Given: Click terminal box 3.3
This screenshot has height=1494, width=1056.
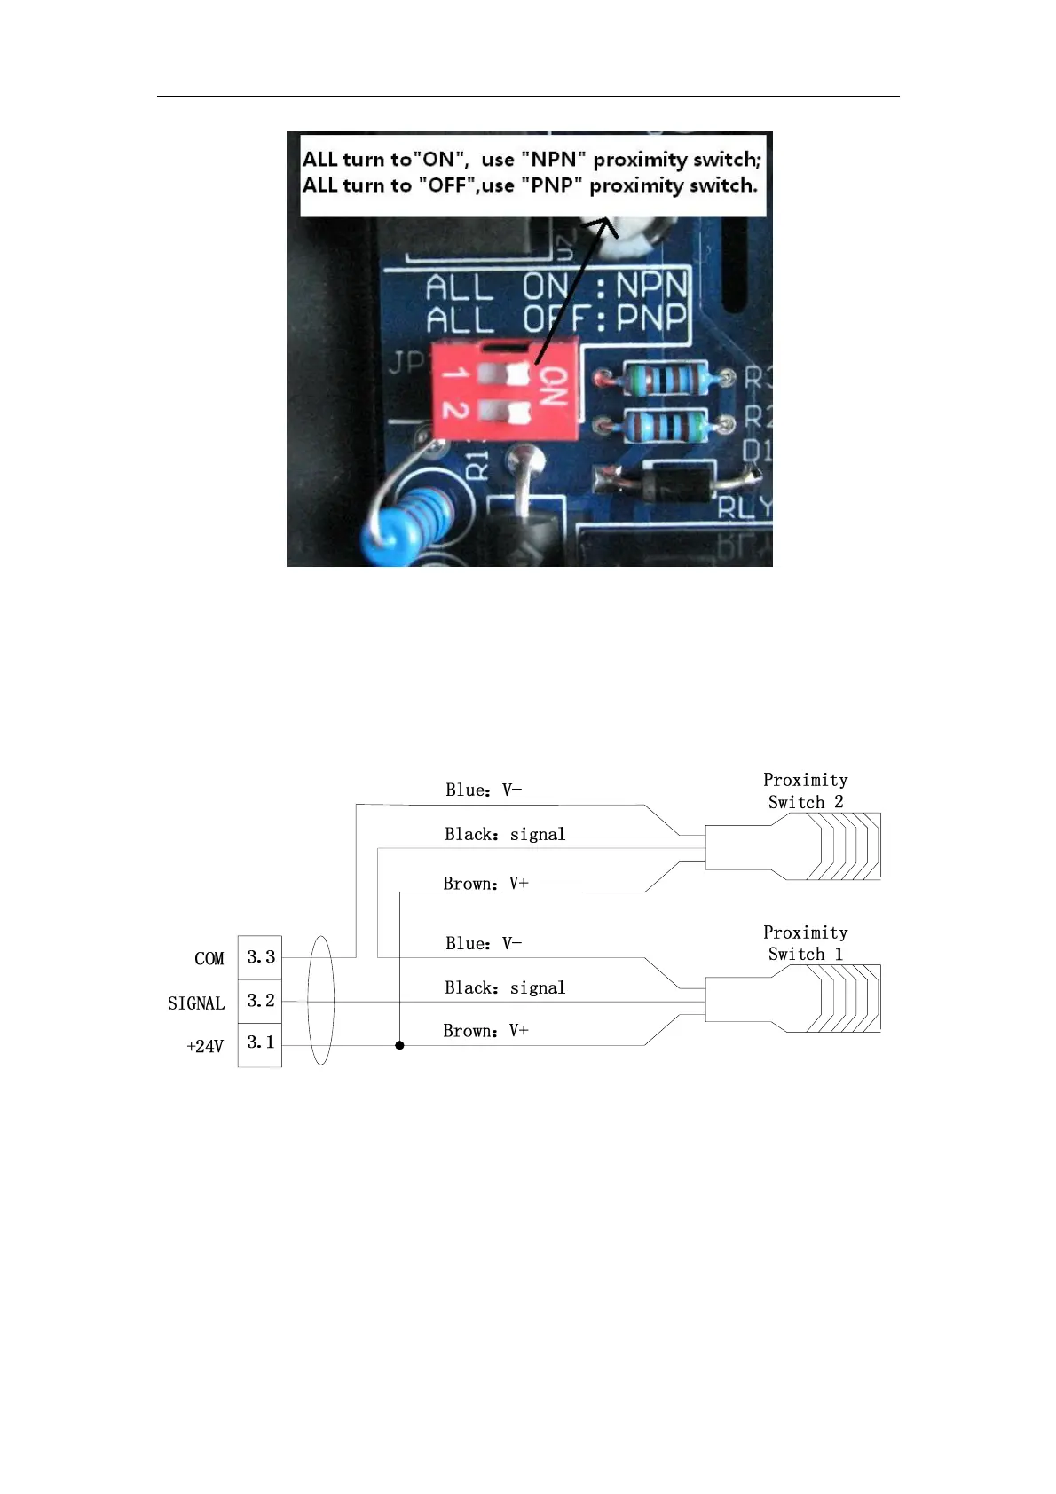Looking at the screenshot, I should point(260,957).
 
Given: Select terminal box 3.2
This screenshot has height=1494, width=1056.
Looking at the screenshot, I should point(260,1001).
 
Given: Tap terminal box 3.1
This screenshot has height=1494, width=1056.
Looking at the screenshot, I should point(260,1042).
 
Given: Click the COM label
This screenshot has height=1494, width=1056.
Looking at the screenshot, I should point(209,959).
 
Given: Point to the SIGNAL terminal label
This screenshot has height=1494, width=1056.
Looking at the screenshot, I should point(196,1003).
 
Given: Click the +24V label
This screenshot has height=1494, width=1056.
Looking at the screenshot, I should point(205,1047).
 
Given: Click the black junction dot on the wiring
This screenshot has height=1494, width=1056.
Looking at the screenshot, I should point(399,1045).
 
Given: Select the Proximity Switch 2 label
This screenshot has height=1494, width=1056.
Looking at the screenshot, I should point(805,790).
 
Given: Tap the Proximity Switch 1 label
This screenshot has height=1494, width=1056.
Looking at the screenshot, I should point(805,943).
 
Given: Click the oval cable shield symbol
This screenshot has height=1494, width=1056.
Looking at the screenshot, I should point(320,1000).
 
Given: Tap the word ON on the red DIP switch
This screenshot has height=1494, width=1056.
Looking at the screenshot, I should point(553,386).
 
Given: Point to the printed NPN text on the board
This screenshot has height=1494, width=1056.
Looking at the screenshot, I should point(651,286).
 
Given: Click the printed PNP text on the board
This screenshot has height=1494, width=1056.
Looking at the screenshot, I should point(651,317).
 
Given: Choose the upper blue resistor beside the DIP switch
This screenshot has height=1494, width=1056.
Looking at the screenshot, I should point(664,379).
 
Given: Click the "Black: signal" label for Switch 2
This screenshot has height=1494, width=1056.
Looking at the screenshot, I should point(505,834).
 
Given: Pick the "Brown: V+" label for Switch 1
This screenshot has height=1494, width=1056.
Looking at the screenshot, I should point(485,1031).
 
